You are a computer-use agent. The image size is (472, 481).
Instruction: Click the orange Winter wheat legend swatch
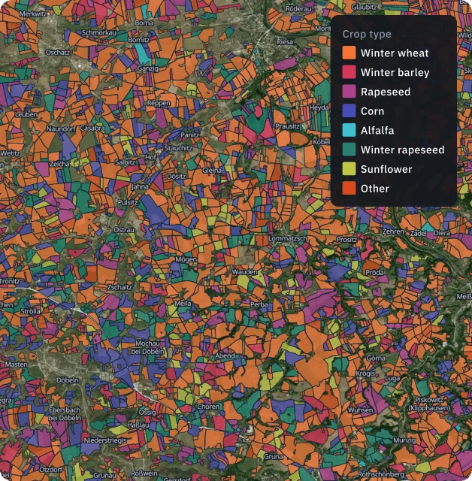tap(349, 53)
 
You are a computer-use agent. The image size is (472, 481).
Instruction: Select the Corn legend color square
tap(349, 111)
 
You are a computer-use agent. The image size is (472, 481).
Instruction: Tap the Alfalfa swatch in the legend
tap(349, 131)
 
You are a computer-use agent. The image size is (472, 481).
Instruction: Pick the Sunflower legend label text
tap(386, 169)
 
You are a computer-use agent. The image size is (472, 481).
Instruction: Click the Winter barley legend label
tap(395, 73)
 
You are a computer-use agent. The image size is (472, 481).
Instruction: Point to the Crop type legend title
tap(367, 34)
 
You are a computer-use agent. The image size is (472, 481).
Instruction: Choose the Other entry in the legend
tap(374, 189)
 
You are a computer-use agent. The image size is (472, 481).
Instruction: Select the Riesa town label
tap(285, 42)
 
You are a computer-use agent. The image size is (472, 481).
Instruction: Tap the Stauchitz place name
tap(178, 148)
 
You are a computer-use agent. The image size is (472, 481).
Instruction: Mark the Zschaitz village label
tap(120, 287)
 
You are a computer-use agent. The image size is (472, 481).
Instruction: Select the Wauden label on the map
tap(245, 271)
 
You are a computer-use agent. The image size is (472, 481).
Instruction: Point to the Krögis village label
tap(366, 374)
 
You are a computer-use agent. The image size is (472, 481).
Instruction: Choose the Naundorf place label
tap(62, 129)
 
